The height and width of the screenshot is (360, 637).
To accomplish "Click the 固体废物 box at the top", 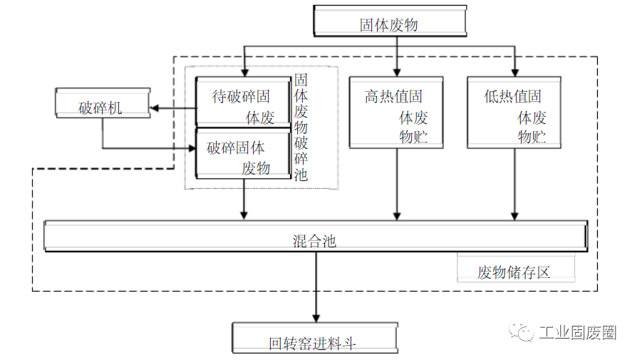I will tap(388, 23).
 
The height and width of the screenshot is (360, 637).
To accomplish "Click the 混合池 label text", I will tap(314, 241).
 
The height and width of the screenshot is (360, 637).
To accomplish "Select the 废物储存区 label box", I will tap(514, 272).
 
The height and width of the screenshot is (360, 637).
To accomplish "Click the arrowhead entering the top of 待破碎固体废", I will tap(244, 71).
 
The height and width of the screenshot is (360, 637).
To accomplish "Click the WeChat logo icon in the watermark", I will tap(519, 332).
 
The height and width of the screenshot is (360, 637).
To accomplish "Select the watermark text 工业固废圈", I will tap(577, 333).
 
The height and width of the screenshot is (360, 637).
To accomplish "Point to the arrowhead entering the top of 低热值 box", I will tap(514, 71).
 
